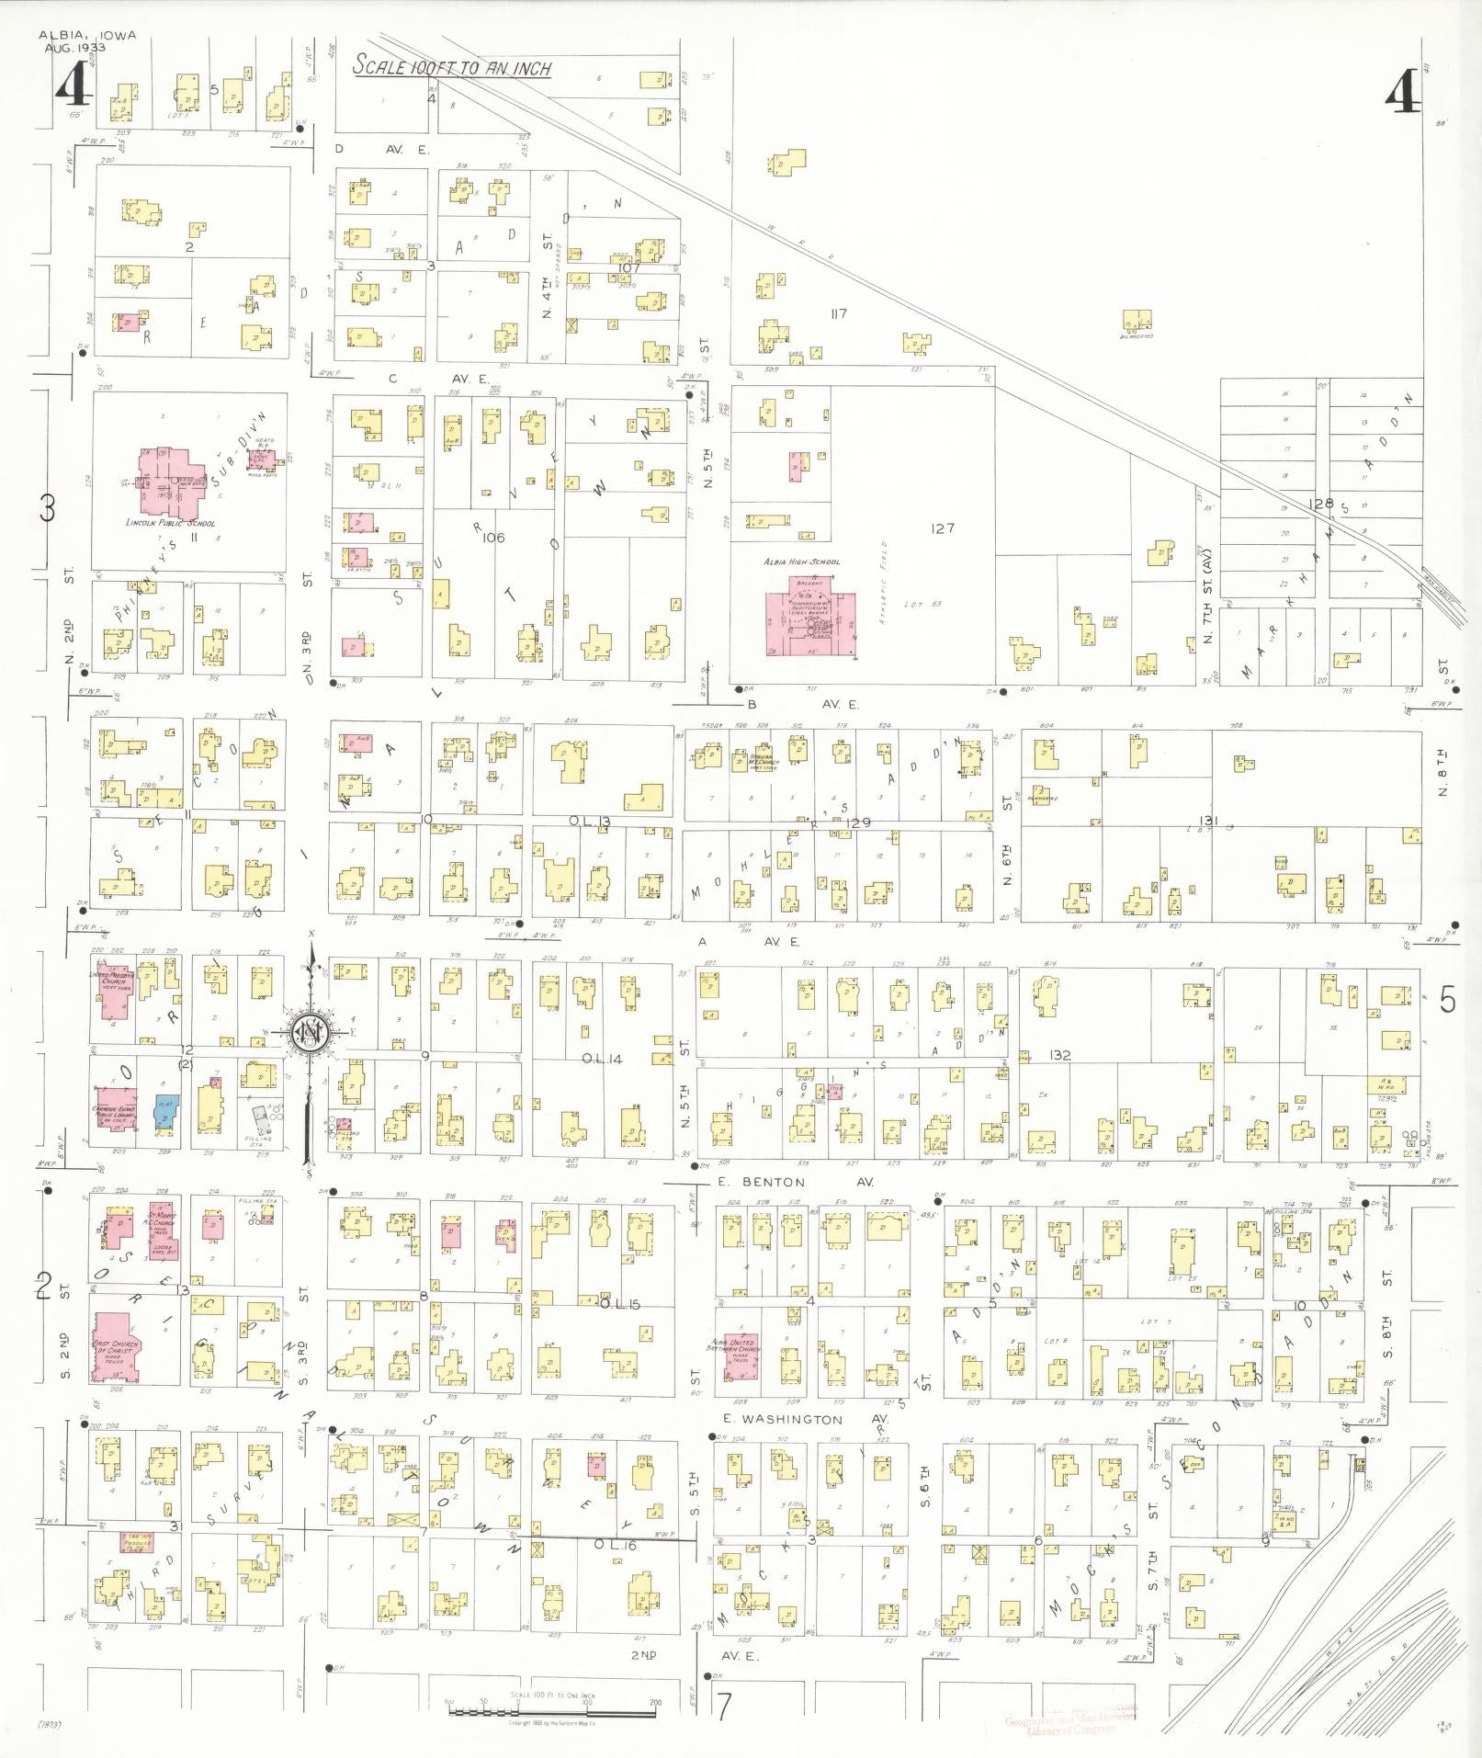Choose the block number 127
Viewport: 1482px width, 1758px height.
tap(942, 527)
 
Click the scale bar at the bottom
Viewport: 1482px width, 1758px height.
tap(551, 1703)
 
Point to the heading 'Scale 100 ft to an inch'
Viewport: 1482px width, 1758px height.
tap(452, 67)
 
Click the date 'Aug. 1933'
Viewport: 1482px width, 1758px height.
tap(76, 47)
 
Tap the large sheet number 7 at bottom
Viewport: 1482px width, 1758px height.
tap(725, 1707)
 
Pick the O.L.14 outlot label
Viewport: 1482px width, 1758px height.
tap(602, 1060)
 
